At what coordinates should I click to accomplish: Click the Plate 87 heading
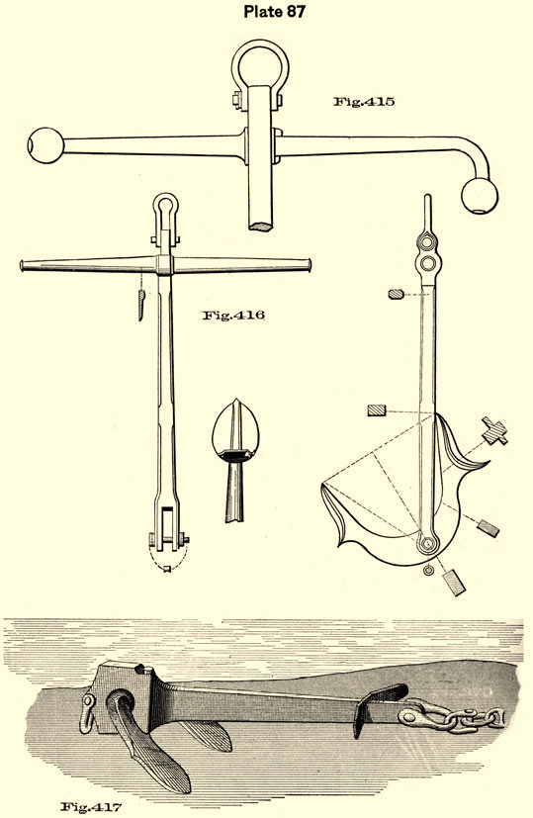(x=274, y=12)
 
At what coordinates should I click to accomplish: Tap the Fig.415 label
(x=364, y=101)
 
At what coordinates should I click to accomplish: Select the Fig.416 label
(x=233, y=315)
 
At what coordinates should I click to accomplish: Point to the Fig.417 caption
(x=91, y=807)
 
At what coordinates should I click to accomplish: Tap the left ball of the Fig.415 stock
(x=45, y=145)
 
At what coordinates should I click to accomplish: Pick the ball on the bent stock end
(x=480, y=196)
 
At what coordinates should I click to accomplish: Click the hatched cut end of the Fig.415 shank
(x=261, y=226)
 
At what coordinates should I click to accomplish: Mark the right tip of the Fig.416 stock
(x=310, y=265)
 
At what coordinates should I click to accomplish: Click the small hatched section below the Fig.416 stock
(x=140, y=305)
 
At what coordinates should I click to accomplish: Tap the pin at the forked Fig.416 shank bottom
(x=168, y=539)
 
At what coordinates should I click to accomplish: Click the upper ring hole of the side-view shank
(x=427, y=242)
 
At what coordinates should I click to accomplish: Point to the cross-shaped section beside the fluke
(x=494, y=431)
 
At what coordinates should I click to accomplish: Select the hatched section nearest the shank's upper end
(x=397, y=294)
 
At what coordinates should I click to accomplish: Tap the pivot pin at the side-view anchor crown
(x=427, y=544)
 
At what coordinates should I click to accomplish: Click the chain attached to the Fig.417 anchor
(x=452, y=719)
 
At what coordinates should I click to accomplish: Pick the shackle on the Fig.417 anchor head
(x=89, y=713)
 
